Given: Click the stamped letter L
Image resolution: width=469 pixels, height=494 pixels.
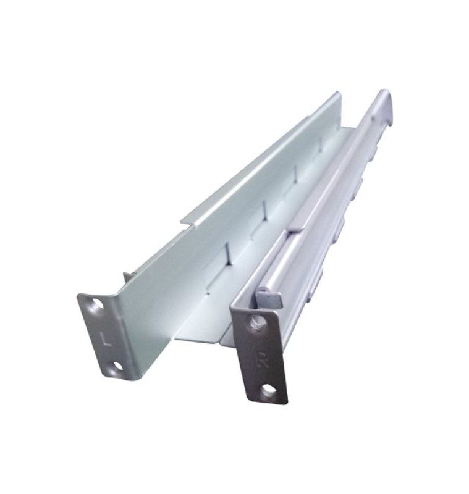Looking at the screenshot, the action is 107,339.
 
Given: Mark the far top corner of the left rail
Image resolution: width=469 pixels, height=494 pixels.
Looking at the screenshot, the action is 340,93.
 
